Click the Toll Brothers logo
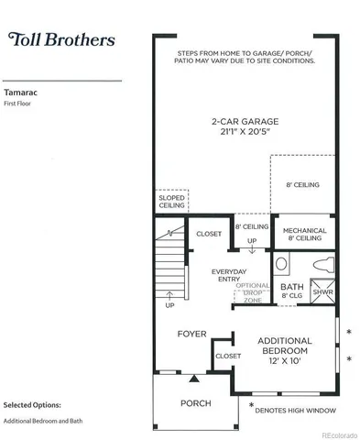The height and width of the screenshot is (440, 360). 61,39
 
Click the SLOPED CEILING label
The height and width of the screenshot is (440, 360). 171,202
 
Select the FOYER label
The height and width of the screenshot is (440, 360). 191,334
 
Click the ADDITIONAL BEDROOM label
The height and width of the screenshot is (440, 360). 284,346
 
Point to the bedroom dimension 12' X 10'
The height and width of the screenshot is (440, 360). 286,362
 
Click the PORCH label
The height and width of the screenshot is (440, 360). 195,403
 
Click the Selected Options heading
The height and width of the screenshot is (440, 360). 32,403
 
